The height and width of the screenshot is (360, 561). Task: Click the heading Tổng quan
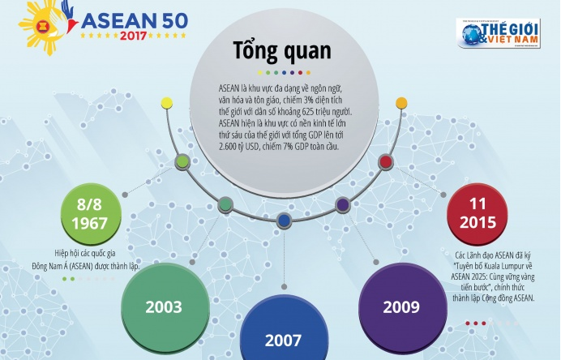(x=281, y=51)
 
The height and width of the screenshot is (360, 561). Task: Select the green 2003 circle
(x=163, y=307)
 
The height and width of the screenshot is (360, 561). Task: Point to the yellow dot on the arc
(x=166, y=103)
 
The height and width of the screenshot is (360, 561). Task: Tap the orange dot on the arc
(x=400, y=103)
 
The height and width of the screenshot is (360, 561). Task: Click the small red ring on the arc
(x=386, y=162)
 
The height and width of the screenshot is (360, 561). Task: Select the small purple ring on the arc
(x=343, y=205)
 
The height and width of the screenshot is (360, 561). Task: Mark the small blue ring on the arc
(x=283, y=220)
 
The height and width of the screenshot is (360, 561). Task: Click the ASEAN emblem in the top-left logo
(x=35, y=28)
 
